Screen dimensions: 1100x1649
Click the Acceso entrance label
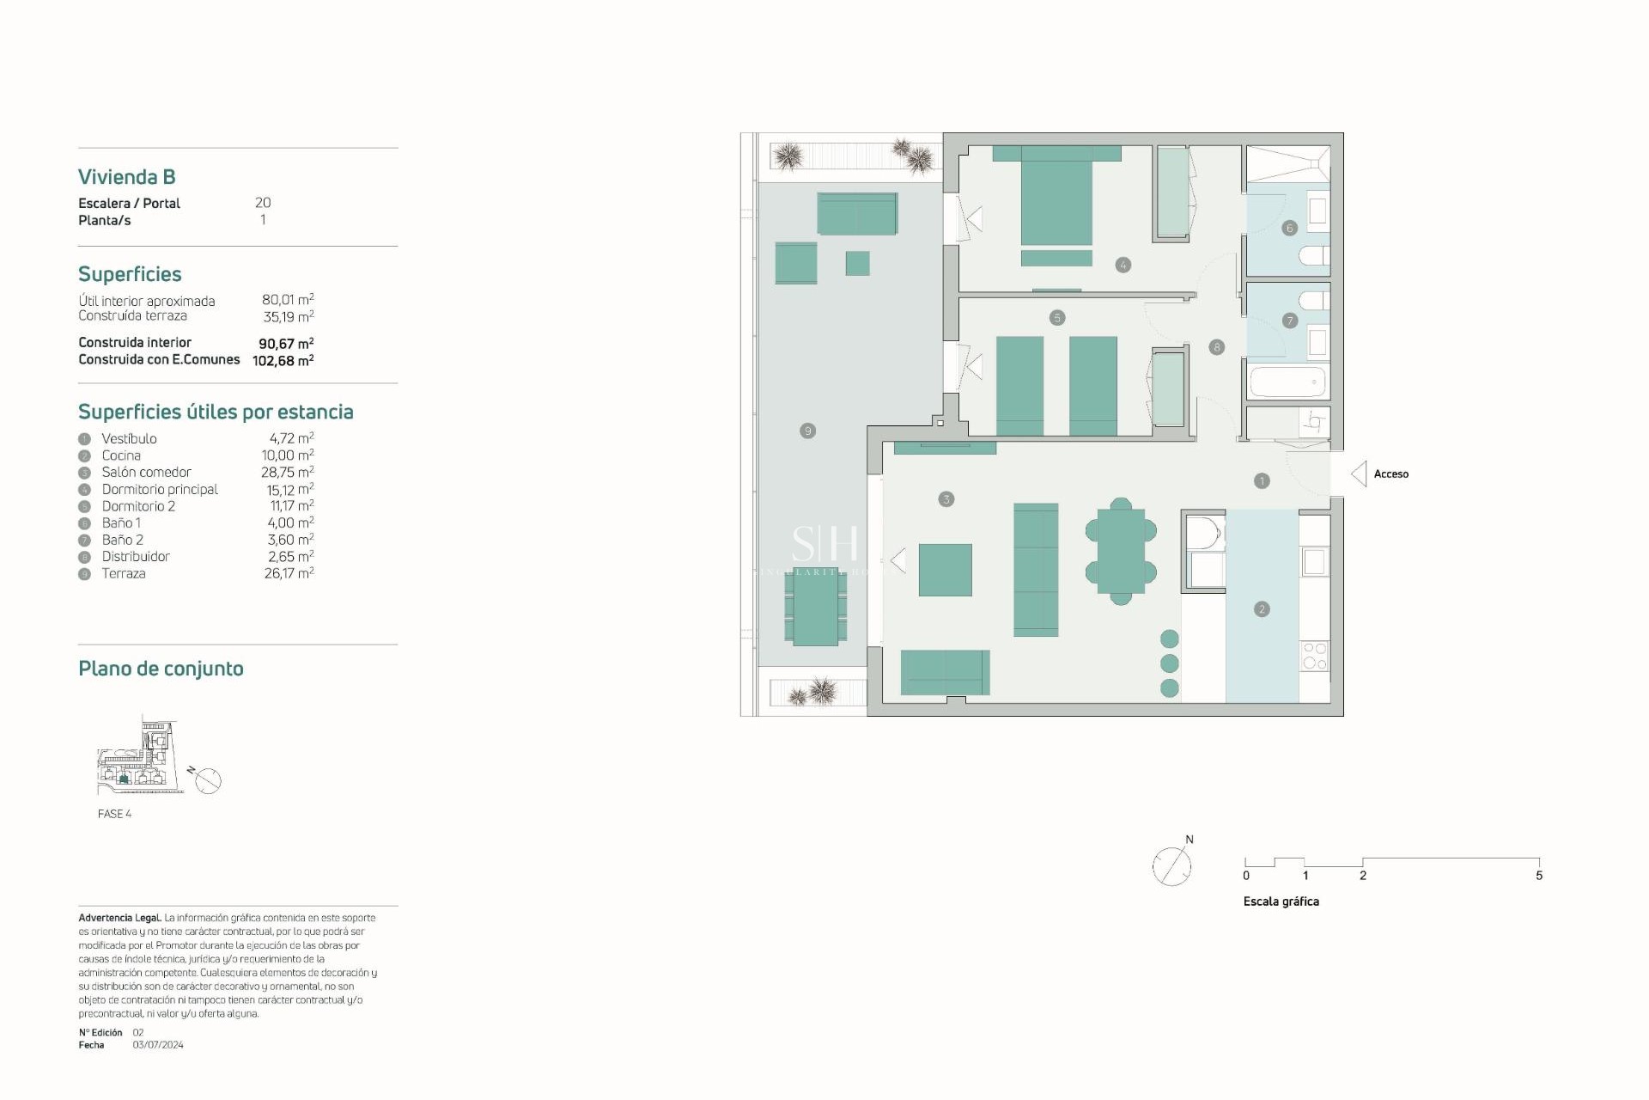click(1390, 474)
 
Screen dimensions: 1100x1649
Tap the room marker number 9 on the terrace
click(807, 431)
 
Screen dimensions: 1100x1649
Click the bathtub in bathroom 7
click(1287, 382)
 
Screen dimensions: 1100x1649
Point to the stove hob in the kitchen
click(1314, 656)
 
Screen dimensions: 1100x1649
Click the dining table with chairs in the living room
click(1121, 551)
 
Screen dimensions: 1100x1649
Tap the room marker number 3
click(946, 499)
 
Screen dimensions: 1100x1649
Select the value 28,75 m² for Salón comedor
click(287, 473)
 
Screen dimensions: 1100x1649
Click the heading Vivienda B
click(127, 177)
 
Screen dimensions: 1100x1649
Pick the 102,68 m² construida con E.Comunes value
click(283, 361)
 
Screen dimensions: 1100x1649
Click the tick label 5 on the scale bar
click(1539, 876)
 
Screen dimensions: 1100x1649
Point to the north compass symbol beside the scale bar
click(1172, 865)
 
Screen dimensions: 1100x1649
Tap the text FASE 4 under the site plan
click(114, 814)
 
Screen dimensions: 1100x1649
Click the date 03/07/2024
click(158, 1045)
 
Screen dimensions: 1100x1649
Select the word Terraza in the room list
click(124, 574)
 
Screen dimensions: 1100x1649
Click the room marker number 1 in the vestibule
click(1262, 481)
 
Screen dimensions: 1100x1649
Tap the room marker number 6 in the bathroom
click(1289, 229)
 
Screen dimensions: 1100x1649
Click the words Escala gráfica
click(1281, 901)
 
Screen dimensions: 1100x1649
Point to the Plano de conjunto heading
click(161, 669)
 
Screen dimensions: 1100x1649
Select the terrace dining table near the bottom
click(815, 608)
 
